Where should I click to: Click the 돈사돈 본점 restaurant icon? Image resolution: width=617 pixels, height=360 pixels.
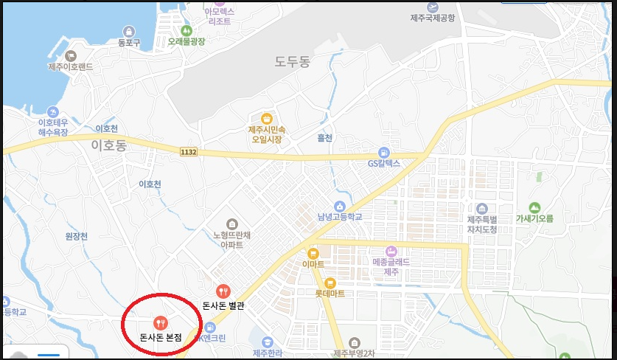pos(161,322)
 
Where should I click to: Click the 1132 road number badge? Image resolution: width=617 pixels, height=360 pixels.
pos(188,151)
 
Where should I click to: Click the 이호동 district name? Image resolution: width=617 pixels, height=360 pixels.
pos(108,145)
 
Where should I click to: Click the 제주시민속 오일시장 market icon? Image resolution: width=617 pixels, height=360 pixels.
pos(265,118)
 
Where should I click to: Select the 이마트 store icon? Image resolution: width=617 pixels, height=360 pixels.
pos(313,253)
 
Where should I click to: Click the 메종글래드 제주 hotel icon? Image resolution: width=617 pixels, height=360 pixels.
pos(391,251)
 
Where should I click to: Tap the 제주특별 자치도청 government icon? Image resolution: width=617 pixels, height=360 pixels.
pos(482,209)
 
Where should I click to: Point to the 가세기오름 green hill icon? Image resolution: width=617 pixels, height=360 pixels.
pos(534,207)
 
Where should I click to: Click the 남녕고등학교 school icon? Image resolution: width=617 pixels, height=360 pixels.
pos(340,206)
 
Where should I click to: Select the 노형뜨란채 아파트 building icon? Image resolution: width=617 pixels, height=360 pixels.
pos(232,224)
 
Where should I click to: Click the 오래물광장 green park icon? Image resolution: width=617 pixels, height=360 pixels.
pos(186,31)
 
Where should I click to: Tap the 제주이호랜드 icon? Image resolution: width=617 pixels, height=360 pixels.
pos(71,55)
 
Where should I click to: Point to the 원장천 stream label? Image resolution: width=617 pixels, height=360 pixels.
pos(76,236)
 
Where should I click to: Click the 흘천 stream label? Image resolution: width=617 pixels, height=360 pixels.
pos(324,138)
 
